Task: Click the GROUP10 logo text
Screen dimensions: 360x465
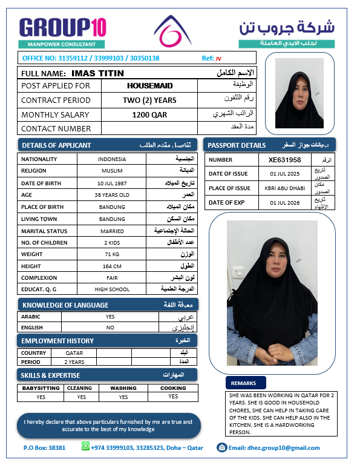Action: (x=62, y=27)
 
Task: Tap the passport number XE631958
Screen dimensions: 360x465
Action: (x=284, y=160)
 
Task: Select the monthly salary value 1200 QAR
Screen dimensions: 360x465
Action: (x=149, y=114)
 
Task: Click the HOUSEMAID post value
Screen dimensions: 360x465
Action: (x=149, y=86)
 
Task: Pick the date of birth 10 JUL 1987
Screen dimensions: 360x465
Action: (x=111, y=183)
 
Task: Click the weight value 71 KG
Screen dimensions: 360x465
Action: (x=111, y=254)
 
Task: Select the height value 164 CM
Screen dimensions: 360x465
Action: (x=111, y=266)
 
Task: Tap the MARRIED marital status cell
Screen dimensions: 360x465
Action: (x=111, y=230)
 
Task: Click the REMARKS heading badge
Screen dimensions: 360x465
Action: (x=243, y=383)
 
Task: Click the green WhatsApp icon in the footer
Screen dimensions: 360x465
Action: (x=85, y=447)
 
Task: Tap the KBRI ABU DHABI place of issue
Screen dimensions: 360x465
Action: (x=284, y=188)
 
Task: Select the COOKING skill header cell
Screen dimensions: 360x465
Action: (x=173, y=388)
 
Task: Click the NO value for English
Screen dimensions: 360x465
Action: (x=110, y=327)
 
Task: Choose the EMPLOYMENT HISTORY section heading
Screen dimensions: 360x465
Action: (x=57, y=341)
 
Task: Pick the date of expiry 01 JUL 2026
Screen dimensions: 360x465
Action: (x=284, y=203)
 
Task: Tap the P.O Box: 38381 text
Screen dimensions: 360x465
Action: (x=44, y=448)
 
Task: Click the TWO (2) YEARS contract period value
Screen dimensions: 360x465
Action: (x=149, y=101)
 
